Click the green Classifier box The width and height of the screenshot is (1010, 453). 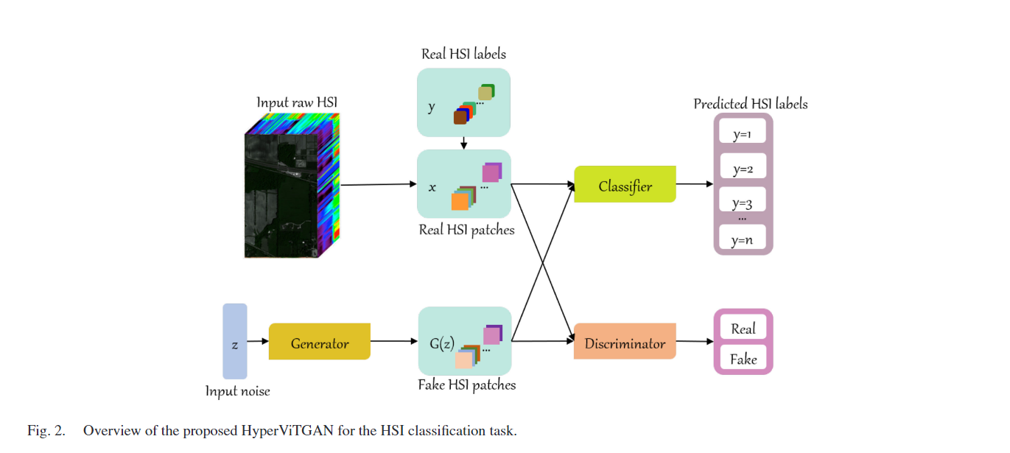[625, 186]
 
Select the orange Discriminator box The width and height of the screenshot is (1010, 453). [625, 343]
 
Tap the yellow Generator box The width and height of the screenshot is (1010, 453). [319, 343]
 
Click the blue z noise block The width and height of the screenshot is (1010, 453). [235, 342]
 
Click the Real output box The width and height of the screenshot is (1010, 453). [743, 329]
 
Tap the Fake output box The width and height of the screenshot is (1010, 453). [743, 359]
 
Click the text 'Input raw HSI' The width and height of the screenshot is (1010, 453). [296, 102]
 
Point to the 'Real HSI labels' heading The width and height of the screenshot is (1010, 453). [463, 54]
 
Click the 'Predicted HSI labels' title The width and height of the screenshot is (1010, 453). [750, 104]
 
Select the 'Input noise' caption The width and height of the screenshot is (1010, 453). [237, 391]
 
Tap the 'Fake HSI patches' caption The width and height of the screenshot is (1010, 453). [466, 384]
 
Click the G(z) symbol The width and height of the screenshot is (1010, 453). [442, 343]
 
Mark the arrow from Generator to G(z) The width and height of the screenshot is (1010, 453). [393, 342]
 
